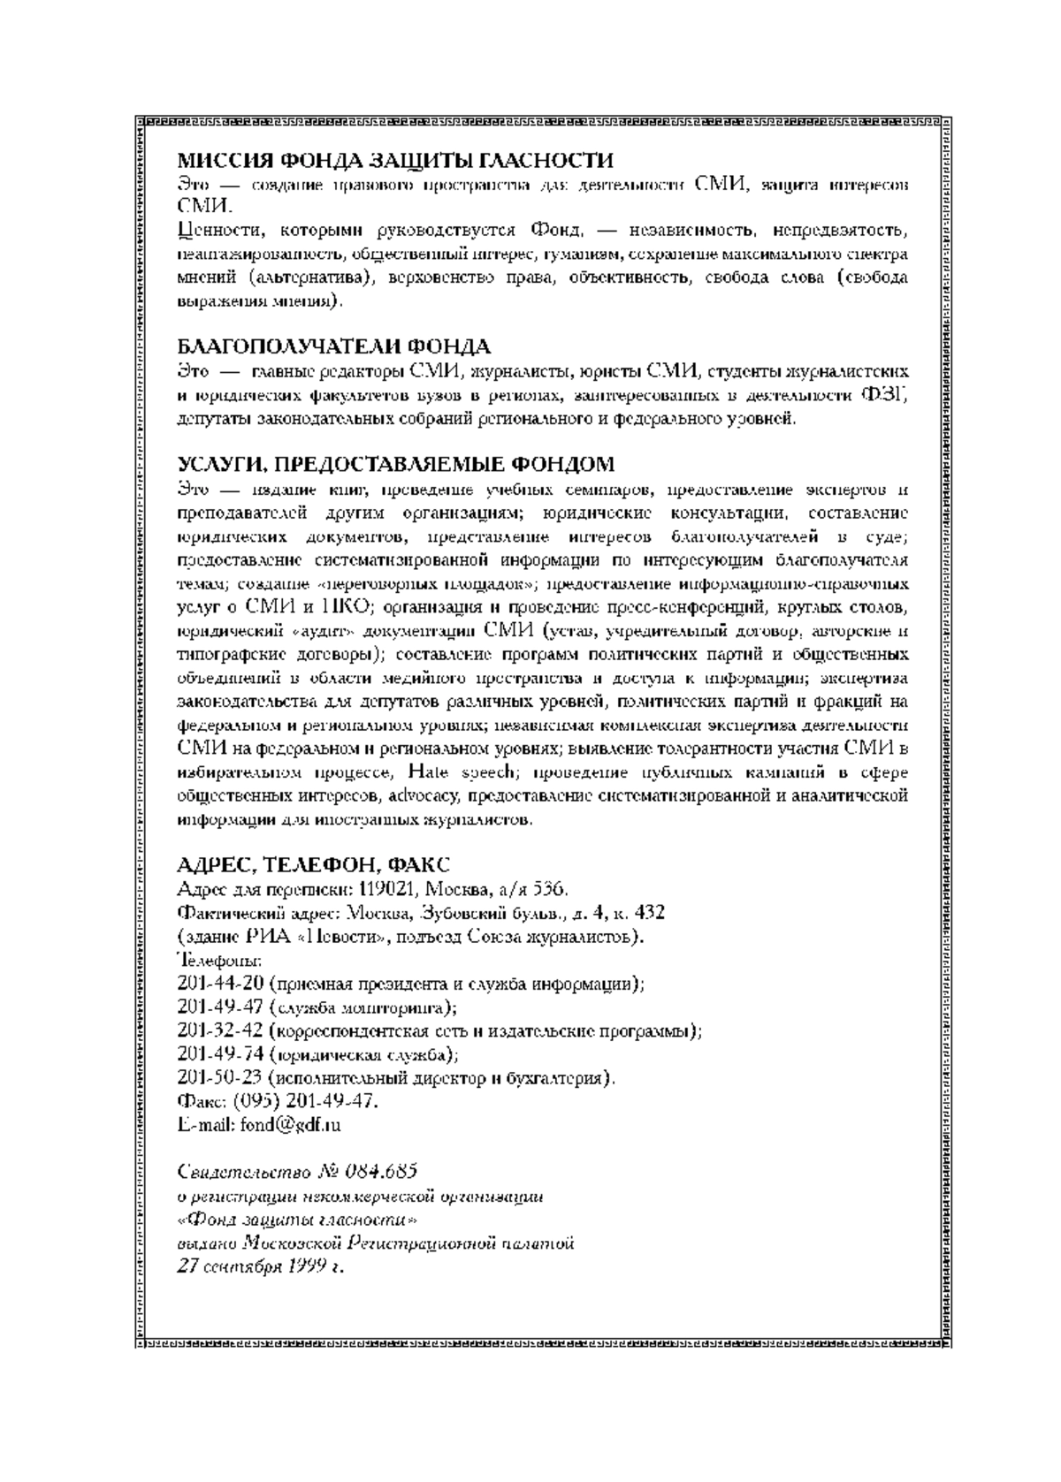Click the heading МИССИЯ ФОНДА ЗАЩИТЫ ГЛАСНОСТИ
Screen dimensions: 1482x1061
[x=395, y=161]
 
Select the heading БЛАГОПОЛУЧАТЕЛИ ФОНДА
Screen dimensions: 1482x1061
[x=334, y=346]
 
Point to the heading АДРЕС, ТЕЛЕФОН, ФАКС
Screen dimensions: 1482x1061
[x=314, y=864]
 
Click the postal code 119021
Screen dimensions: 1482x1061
[x=387, y=888]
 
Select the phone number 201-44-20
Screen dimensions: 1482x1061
[x=215, y=984]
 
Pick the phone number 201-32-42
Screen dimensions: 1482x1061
[x=215, y=1030]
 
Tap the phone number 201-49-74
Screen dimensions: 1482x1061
[x=215, y=1054]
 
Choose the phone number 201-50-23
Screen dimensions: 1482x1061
[x=215, y=1078]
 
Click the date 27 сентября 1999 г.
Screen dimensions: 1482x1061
[x=260, y=1266]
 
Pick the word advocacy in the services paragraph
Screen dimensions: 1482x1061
[x=415, y=796]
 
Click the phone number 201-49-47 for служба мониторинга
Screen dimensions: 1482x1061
[x=215, y=1007]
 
